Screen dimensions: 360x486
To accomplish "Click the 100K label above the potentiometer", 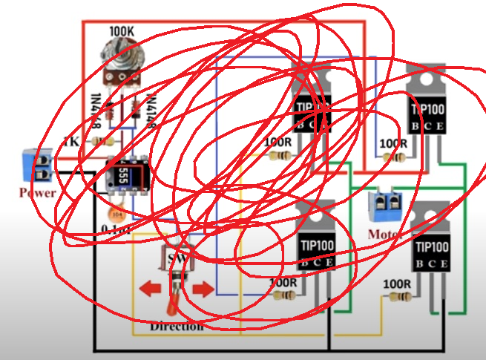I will click(x=122, y=31).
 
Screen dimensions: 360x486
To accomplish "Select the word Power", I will click(x=38, y=193).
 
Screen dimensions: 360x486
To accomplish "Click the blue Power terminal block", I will click(x=36, y=166).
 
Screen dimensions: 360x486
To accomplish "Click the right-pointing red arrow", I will click(x=201, y=288).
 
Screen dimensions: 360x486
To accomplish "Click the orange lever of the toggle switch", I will click(x=172, y=304).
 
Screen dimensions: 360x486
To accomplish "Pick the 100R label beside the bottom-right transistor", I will click(x=398, y=284).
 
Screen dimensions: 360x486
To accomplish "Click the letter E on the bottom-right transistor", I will click(x=444, y=265).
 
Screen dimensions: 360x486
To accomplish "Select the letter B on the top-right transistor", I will click(x=416, y=127).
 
